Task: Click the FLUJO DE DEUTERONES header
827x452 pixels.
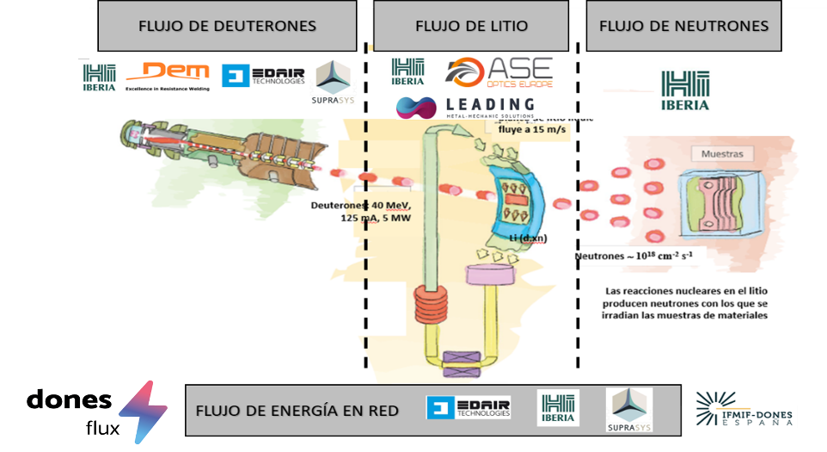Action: (227, 26)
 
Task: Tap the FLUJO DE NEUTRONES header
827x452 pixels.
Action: (683, 26)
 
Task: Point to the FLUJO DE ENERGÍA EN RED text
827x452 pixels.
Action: (297, 411)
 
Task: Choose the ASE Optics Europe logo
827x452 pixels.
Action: (499, 72)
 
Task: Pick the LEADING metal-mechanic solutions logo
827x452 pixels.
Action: (465, 107)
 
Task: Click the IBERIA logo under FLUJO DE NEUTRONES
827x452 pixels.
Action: (685, 90)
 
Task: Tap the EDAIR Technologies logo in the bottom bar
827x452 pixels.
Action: (469, 408)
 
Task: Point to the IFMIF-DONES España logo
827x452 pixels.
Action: (744, 410)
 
